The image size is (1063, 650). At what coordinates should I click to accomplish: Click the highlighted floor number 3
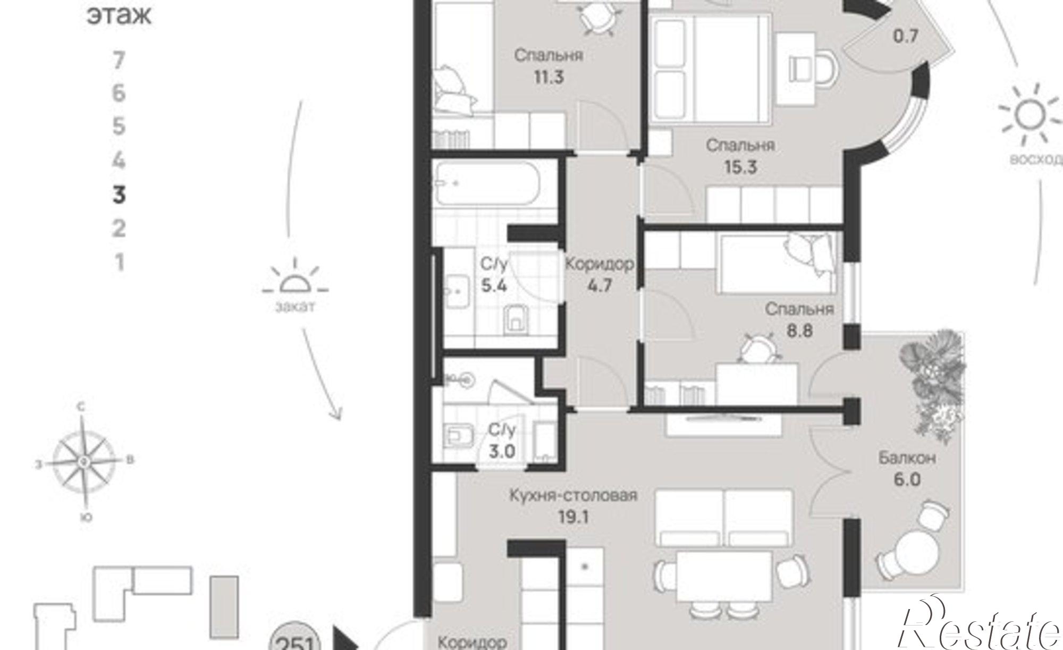tap(119, 195)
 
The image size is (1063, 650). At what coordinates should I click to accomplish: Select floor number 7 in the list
tap(119, 60)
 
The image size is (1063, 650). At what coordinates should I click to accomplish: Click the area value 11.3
tap(549, 77)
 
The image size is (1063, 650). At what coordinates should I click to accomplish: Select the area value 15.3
tap(740, 167)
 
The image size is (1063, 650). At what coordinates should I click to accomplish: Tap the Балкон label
tap(907, 458)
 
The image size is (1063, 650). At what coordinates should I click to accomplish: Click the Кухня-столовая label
tap(573, 496)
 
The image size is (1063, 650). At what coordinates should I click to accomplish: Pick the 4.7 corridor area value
tap(600, 285)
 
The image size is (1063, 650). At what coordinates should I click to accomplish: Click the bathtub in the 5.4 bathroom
tap(486, 184)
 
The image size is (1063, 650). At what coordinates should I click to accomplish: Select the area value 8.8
tap(799, 331)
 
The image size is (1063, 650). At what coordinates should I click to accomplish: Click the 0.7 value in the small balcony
tap(906, 36)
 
